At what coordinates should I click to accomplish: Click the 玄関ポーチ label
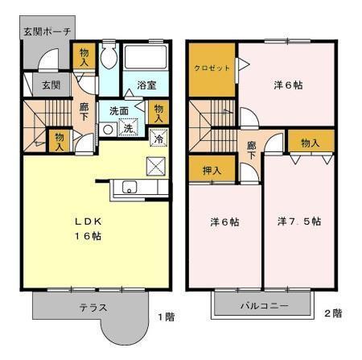[47, 31]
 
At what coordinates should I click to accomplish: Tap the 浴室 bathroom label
[146, 85]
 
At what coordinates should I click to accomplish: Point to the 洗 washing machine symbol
[128, 127]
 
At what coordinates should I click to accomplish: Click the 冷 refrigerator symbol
[159, 138]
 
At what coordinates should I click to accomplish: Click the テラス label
[93, 307]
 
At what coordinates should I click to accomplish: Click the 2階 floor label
[333, 312]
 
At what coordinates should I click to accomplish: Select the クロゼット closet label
[212, 69]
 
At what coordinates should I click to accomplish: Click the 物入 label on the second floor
[311, 143]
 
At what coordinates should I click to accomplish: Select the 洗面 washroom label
[118, 111]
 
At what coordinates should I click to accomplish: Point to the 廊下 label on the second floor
[252, 151]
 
